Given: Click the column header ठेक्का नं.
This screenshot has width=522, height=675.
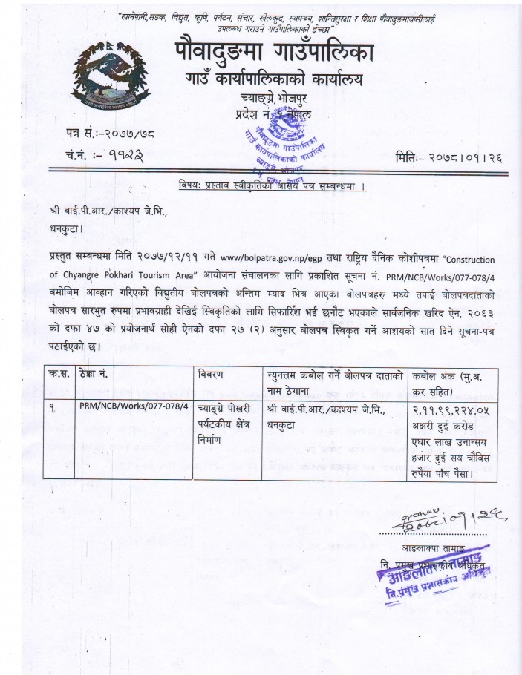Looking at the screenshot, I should click(94, 374).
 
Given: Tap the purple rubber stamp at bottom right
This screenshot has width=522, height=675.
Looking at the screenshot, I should click(437, 577).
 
